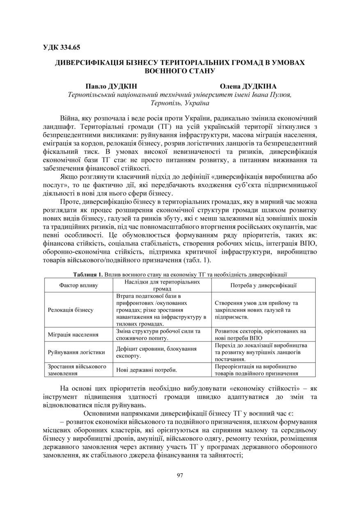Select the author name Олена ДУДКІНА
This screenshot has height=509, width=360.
click(248, 87)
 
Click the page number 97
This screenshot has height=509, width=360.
click(180, 475)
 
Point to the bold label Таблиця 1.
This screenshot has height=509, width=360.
click(88, 274)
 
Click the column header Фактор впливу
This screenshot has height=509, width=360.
click(78, 285)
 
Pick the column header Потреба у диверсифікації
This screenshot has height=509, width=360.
click(263, 285)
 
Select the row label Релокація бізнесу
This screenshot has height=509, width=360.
click(71, 310)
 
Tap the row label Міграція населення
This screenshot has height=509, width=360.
click(73, 335)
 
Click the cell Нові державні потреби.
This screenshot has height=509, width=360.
click(147, 370)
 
